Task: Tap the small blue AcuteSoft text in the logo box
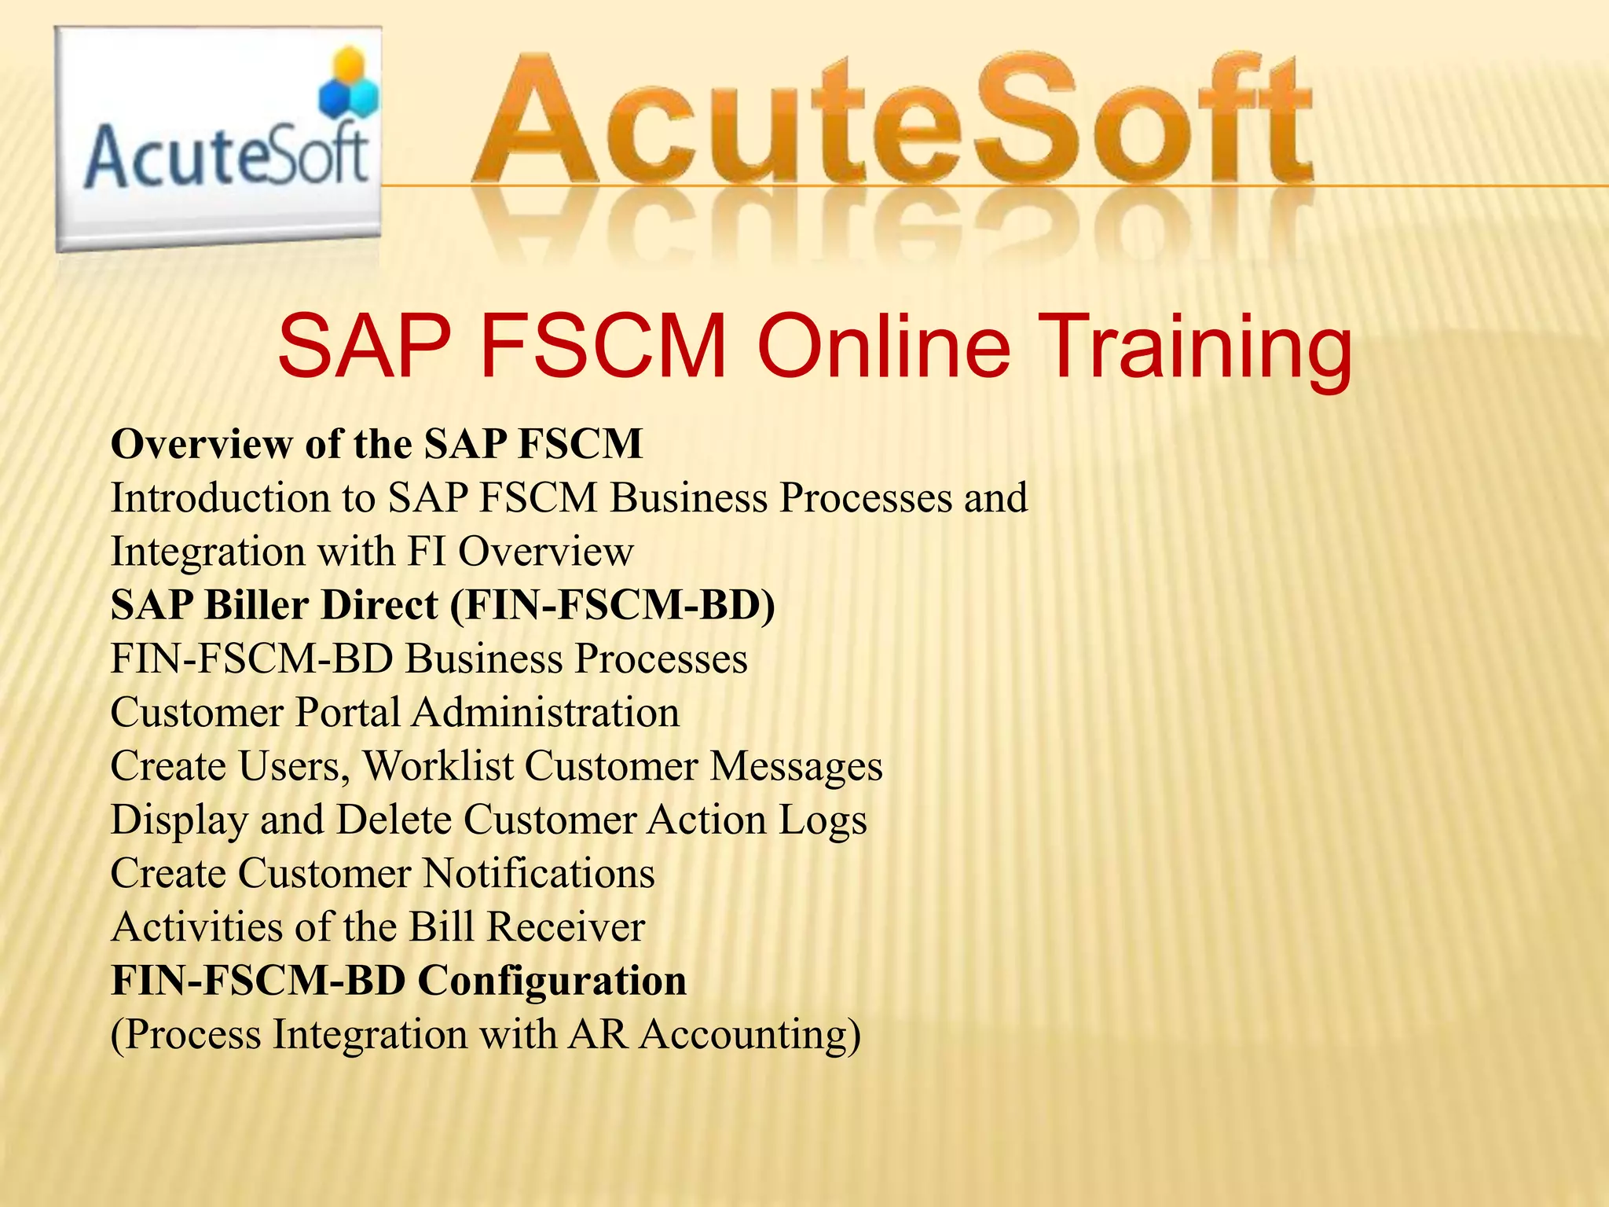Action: tap(226, 156)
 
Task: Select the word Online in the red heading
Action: tap(883, 347)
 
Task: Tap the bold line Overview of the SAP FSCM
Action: tap(377, 444)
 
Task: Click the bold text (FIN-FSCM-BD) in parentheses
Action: tap(612, 606)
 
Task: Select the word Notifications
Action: tap(538, 873)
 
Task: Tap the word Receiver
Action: tap(566, 927)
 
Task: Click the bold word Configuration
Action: tap(552, 981)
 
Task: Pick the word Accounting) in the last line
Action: tap(750, 1035)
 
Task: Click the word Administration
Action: tap(545, 713)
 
